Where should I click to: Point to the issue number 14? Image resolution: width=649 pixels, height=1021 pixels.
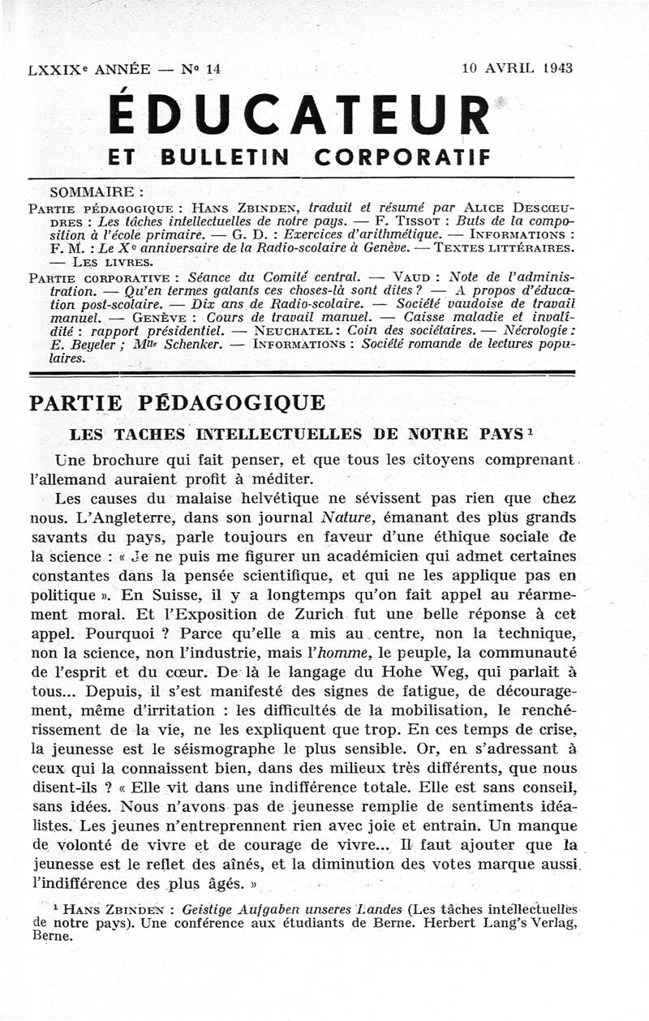[213, 70]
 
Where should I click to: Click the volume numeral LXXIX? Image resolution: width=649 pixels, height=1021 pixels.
[55, 70]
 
